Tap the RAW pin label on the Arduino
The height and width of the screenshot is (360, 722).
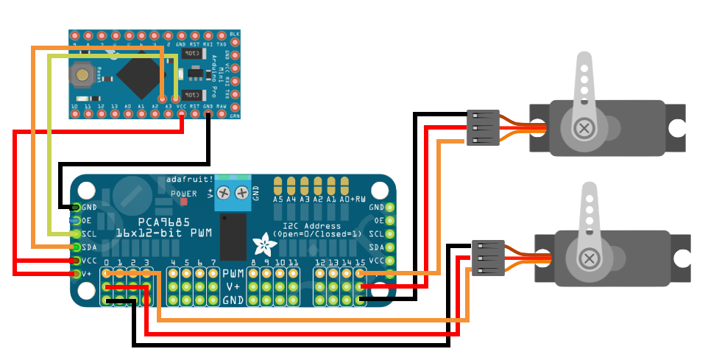[222, 107]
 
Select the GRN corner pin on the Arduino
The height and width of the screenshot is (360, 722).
[235, 112]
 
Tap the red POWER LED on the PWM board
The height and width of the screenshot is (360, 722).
[183, 200]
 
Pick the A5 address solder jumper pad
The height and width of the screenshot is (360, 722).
[278, 184]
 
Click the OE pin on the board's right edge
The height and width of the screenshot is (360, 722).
[390, 220]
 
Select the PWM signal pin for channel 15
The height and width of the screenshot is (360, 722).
[361, 274]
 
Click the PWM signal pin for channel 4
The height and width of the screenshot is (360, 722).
[174, 274]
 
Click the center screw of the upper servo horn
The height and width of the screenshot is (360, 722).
[584, 128]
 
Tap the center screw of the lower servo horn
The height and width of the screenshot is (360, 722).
[589, 258]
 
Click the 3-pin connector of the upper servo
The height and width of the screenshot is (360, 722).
[483, 127]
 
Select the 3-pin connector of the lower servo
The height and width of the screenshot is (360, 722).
[487, 258]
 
